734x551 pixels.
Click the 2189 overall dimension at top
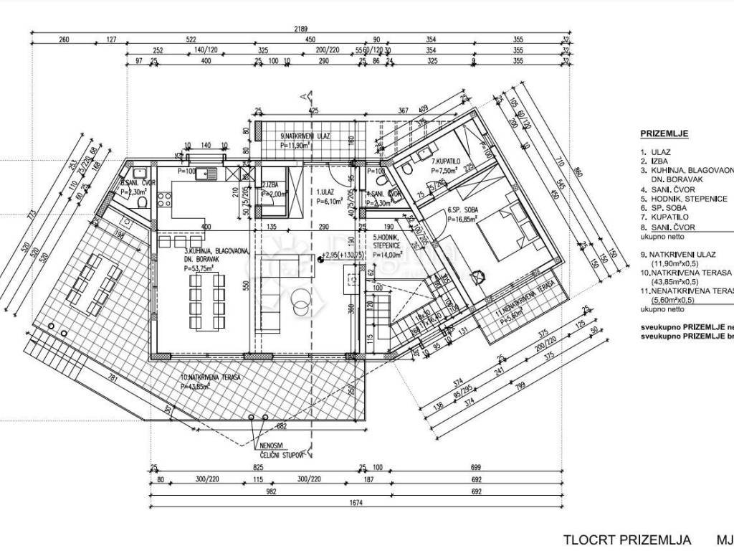(x=301, y=29)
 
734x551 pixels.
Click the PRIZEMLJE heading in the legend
(x=664, y=133)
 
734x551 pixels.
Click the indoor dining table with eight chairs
(x=206, y=295)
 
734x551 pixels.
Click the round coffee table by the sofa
(x=300, y=306)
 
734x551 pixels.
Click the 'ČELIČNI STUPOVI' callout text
(x=282, y=455)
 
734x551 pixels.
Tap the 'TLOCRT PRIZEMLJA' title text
(x=626, y=540)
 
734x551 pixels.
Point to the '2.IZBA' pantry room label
(x=272, y=184)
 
